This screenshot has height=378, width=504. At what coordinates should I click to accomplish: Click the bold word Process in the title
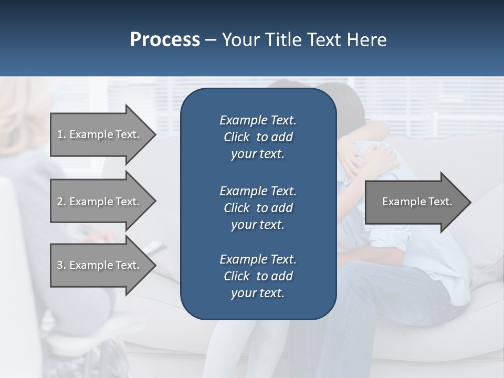click(165, 40)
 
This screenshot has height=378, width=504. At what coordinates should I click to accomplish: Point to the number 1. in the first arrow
click(61, 134)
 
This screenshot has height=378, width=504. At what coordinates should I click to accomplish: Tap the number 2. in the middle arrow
click(61, 202)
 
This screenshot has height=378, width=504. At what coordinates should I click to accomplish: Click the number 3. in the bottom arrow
click(61, 265)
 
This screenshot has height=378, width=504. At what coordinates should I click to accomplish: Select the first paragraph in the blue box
click(258, 137)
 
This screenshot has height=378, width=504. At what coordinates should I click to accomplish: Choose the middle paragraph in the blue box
click(258, 207)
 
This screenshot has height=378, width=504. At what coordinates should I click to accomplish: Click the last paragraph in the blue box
click(258, 276)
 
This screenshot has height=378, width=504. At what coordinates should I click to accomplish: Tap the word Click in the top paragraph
click(237, 137)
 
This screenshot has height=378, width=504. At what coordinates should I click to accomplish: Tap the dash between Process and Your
click(211, 40)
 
